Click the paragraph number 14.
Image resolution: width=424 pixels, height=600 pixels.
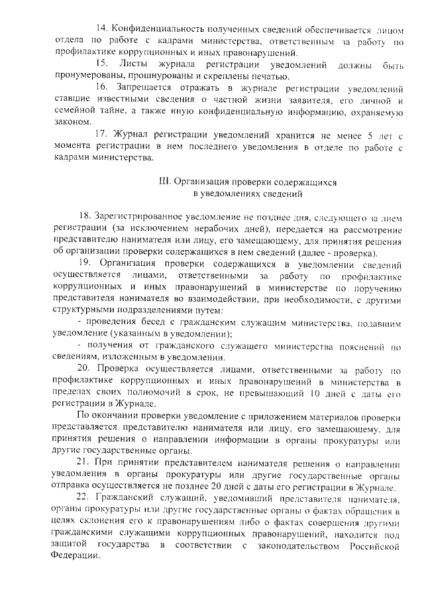(x=102, y=30)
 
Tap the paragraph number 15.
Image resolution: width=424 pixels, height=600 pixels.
(x=102, y=63)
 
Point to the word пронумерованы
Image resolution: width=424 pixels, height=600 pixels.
(x=83, y=75)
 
